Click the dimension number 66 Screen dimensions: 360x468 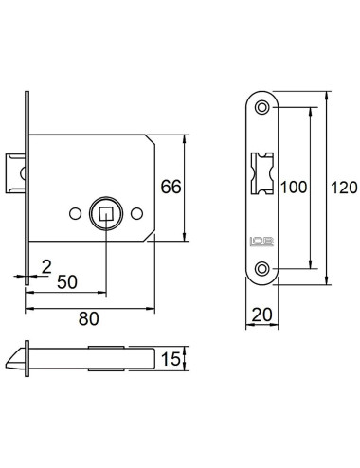point(171,187)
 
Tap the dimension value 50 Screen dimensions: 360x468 point(67,282)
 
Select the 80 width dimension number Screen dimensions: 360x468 point(88,318)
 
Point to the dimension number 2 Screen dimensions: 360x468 point(46,267)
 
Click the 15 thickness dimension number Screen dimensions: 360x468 point(171,359)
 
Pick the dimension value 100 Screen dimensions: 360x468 point(294,188)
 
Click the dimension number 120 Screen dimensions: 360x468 point(344,188)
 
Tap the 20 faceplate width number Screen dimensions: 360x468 point(261,315)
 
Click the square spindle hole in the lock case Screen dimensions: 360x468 point(106,213)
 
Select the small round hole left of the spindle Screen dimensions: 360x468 point(75,214)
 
